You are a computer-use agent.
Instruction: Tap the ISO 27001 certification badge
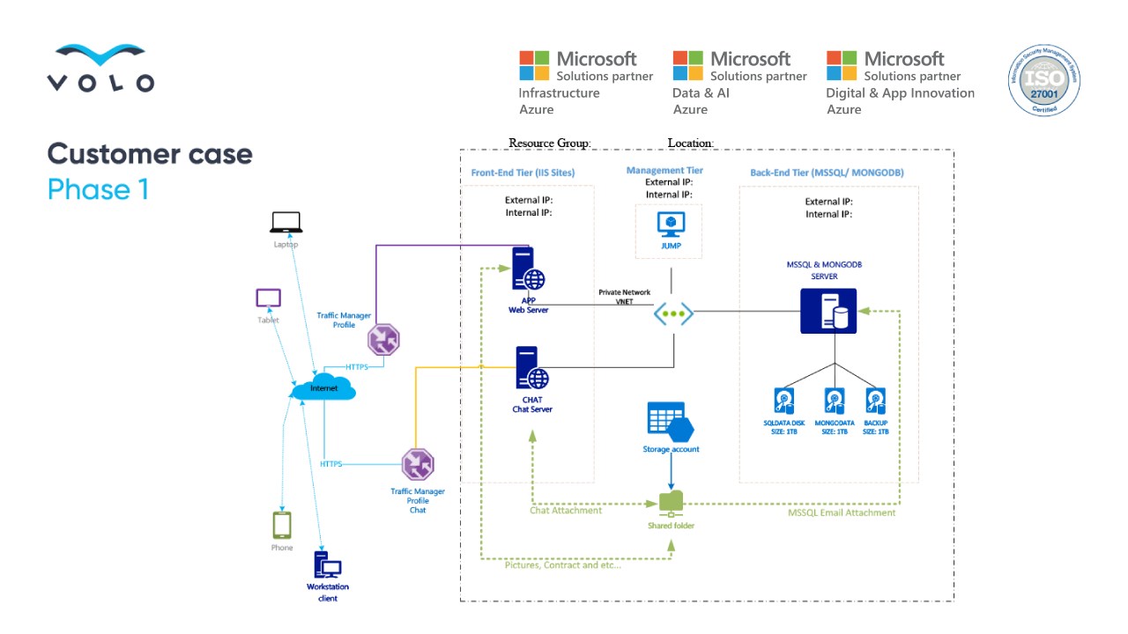[x=1044, y=79]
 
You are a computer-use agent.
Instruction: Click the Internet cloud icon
[x=323, y=388]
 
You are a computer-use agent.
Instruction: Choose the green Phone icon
[x=281, y=526]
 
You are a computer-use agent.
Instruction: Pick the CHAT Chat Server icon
[x=530, y=368]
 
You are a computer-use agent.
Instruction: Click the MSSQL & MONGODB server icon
[x=828, y=311]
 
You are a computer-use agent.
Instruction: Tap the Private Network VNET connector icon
[x=673, y=313]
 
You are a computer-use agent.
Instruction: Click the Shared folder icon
[x=671, y=502]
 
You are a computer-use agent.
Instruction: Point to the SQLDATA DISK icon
[x=784, y=402]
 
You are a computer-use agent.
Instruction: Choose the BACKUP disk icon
[x=875, y=402]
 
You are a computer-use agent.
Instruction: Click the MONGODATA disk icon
[x=834, y=402]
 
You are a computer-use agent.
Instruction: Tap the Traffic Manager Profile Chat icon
[x=418, y=464]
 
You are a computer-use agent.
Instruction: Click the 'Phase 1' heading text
[x=98, y=189]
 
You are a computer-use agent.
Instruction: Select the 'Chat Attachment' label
[x=566, y=511]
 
